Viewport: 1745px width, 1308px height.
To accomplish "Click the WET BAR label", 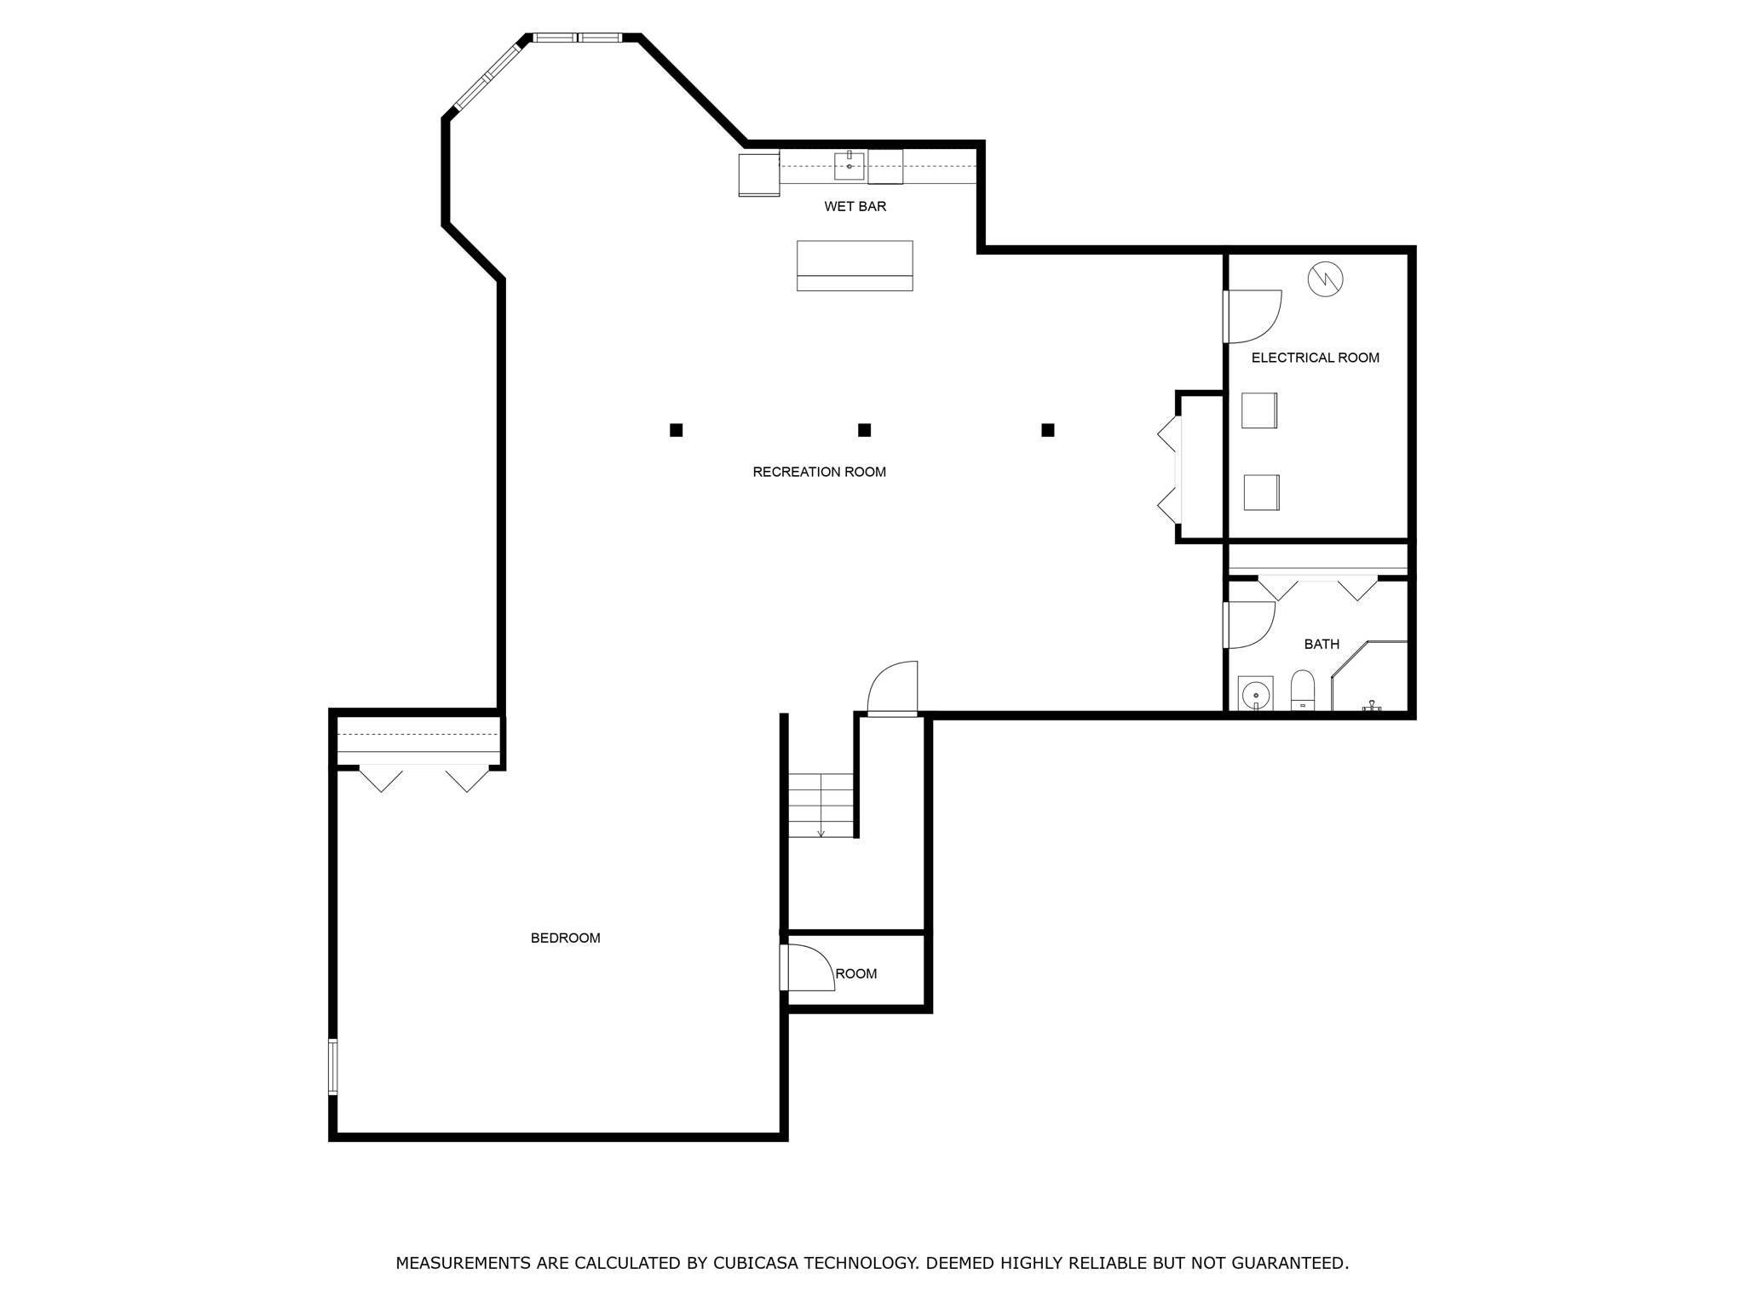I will [855, 206].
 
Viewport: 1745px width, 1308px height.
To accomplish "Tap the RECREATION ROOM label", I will [819, 472].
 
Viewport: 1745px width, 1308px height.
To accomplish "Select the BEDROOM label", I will [565, 938].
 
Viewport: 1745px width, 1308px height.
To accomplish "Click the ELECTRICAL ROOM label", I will [1315, 358].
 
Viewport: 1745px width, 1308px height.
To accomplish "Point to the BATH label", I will [1322, 644].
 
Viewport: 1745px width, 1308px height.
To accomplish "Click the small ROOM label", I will [855, 973].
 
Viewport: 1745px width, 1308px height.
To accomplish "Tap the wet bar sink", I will [849, 166].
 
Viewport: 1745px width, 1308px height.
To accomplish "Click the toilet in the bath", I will [1303, 690].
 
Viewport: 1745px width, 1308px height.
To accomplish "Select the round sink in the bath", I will [1255, 694].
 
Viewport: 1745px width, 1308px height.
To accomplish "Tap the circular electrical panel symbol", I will [1325, 278].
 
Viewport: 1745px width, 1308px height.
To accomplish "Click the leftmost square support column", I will [676, 430].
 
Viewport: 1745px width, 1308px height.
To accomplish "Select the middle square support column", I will [864, 430].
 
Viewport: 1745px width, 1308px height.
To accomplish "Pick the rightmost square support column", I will [1048, 430].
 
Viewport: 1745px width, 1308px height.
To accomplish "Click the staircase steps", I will [820, 805].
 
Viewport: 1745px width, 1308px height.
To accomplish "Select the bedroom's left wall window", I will [333, 1066].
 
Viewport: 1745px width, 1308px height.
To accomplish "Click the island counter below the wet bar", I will [855, 266].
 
